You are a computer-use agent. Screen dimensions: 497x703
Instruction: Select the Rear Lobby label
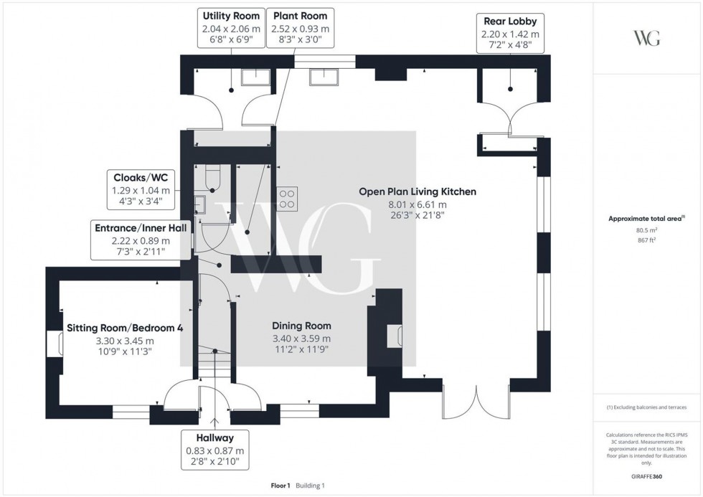pos(510,21)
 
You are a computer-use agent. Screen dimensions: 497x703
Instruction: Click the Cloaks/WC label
pos(141,176)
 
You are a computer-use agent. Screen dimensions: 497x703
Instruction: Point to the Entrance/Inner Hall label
pos(141,227)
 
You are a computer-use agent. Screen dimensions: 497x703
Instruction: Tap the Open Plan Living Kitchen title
pos(417,191)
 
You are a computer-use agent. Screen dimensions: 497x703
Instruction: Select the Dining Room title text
pos(302,325)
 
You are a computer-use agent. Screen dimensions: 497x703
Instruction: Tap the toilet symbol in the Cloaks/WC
pos(213,177)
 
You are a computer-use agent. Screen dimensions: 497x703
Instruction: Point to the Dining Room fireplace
pos(392,336)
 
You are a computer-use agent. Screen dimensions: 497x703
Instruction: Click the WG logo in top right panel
pos(647,38)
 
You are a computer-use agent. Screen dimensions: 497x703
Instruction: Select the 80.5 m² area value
pos(647,230)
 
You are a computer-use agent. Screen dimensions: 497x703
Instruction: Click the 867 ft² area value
pos(647,240)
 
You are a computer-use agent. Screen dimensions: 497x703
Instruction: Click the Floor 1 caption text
pos(280,486)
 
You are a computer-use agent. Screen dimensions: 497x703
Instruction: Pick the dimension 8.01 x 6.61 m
pos(417,204)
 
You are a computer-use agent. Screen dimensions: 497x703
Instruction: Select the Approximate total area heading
pos(646,218)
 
